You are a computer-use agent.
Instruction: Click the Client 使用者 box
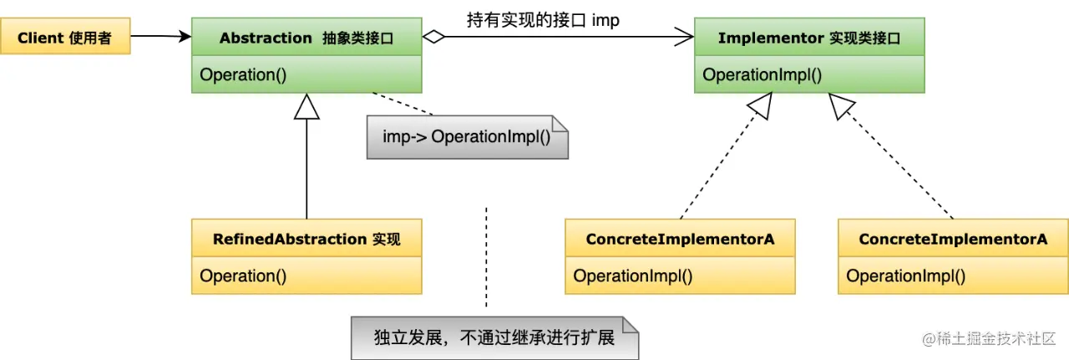[65, 38]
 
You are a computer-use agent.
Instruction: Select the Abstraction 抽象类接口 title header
[307, 38]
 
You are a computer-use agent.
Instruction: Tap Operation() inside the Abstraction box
[243, 74]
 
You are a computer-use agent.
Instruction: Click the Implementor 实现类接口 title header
[809, 38]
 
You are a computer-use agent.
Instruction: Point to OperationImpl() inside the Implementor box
[762, 74]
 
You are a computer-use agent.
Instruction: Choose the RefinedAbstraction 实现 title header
[307, 239]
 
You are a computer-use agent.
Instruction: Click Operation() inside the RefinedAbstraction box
[243, 276]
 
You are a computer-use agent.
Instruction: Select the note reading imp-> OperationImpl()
[467, 136]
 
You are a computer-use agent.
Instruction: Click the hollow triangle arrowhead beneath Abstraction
[307, 106]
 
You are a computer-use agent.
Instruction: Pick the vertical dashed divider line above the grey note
[486, 255]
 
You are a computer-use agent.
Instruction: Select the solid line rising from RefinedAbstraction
[307, 167]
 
